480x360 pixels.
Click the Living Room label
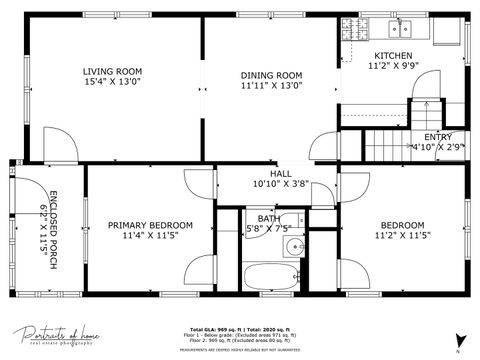tap(111, 71)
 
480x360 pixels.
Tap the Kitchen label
tap(392, 55)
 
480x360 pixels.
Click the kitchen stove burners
tap(351, 29)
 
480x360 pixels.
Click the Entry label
tap(437, 137)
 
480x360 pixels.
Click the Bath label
tap(268, 218)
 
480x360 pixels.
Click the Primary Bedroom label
tap(150, 225)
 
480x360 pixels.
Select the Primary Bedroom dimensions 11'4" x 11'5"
tap(150, 237)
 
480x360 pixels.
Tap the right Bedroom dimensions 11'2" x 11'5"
tap(401, 237)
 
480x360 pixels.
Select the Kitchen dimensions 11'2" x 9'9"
tap(392, 66)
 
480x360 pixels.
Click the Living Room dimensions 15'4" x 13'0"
tap(111, 84)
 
